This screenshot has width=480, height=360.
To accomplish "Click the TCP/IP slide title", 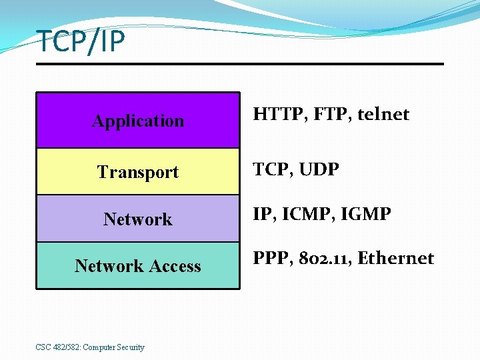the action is [81, 41].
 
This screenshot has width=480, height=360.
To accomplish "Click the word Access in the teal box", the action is [175, 266].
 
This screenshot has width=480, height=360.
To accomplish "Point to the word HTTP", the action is [275, 115].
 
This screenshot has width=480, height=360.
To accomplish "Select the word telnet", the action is [383, 115].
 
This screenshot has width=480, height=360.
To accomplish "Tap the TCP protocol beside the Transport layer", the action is [270, 170].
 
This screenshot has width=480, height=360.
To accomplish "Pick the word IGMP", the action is [366, 215].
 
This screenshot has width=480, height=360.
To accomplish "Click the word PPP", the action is [270, 259].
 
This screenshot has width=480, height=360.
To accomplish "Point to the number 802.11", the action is [322, 259].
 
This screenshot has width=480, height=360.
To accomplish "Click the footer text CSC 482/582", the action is [57, 347].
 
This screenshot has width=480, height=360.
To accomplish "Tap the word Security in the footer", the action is [130, 347].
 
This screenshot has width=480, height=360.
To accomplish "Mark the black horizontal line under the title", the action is [240, 64].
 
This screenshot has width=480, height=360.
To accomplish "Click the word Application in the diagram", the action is [138, 121].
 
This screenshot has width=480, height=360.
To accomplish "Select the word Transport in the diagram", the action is [138, 172].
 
